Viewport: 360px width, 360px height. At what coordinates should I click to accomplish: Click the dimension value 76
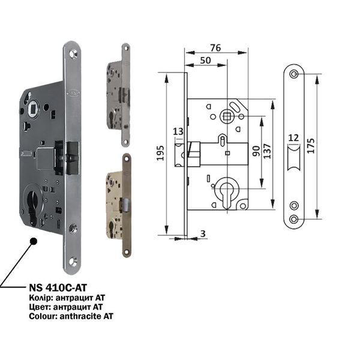(x=215, y=48)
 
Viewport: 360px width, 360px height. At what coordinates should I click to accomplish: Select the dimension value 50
(x=205, y=61)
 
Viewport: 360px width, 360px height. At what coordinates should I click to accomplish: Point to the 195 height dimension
(x=160, y=153)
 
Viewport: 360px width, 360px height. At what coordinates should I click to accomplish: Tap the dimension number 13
(x=178, y=131)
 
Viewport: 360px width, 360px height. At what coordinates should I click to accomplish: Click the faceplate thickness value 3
(x=203, y=234)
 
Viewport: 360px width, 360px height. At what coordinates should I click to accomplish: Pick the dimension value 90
(x=256, y=151)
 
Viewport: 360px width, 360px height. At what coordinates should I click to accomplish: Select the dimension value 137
(x=267, y=151)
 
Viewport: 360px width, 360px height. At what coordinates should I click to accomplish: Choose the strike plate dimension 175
(x=310, y=146)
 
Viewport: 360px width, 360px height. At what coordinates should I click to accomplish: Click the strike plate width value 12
(x=293, y=138)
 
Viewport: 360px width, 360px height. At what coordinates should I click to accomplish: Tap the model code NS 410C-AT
(x=58, y=287)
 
